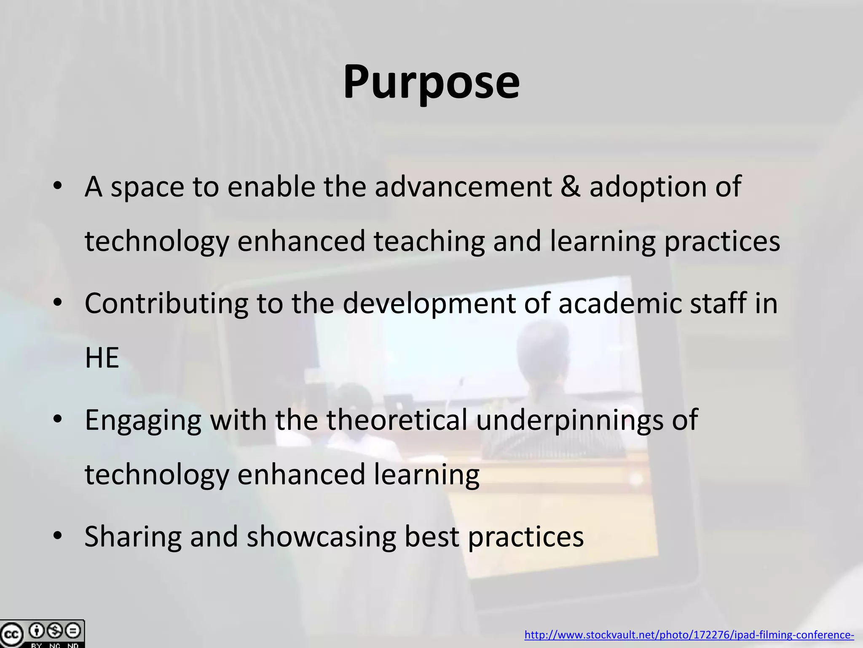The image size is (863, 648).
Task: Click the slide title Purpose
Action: pos(431,82)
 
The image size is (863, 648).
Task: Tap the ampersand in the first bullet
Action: pos(571,186)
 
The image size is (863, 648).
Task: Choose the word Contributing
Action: pos(166,303)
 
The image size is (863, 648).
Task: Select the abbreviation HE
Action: pos(102,358)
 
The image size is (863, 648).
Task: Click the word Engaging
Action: pos(143,421)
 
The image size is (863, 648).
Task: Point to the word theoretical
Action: pos(397,420)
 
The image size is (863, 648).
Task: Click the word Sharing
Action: pos(133,537)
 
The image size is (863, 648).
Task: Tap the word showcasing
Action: pos(322,537)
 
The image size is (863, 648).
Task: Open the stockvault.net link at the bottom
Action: pos(689,635)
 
